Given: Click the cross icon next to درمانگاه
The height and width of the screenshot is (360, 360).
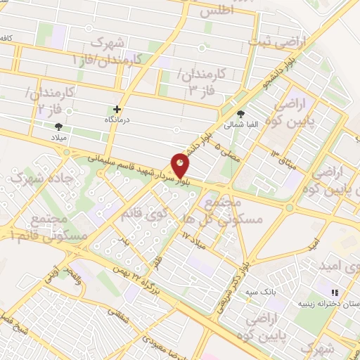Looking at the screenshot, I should point(117,110).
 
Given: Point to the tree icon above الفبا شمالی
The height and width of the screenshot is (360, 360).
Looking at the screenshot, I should point(241,113).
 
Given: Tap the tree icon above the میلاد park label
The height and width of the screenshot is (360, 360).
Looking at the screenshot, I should point(58,126).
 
